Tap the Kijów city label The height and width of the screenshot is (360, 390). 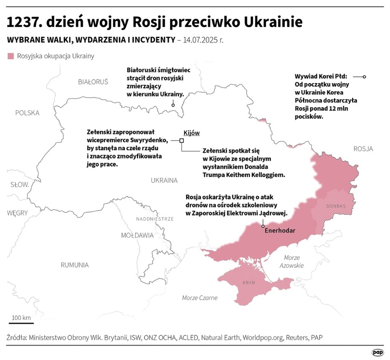[191, 133]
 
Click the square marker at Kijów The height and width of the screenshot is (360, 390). [182, 141]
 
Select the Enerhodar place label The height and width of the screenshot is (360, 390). [280, 231]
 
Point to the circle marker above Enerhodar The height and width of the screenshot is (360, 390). [263, 226]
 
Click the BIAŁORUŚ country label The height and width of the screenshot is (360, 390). [93, 81]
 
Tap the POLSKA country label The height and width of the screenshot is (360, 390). [27, 113]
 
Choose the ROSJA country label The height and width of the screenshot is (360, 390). [363, 149]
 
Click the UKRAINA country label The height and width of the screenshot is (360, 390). [164, 180]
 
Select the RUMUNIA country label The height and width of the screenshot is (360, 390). [75, 265]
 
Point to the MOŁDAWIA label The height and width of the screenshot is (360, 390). [137, 235]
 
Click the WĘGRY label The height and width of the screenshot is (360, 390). [17, 213]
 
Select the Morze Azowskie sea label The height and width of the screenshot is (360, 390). [292, 262]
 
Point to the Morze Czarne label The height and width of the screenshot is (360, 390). [199, 298]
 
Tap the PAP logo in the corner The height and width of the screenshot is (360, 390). [377, 352]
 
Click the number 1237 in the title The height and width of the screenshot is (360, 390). [25, 22]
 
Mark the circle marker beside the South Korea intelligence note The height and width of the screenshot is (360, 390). [365, 77]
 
